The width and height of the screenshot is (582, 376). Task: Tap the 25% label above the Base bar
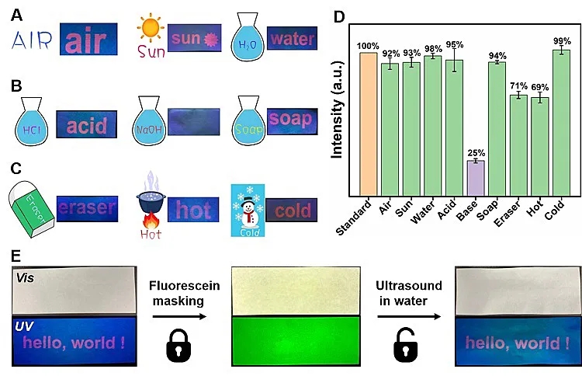475,152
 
